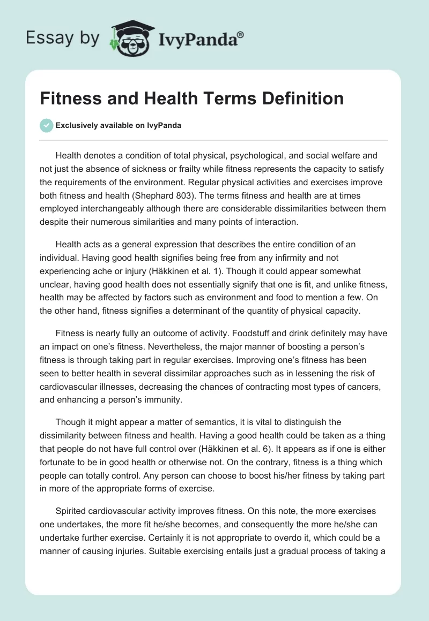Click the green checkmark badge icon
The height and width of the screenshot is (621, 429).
coord(46,125)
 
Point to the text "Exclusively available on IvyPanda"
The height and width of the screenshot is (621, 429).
coord(119,125)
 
